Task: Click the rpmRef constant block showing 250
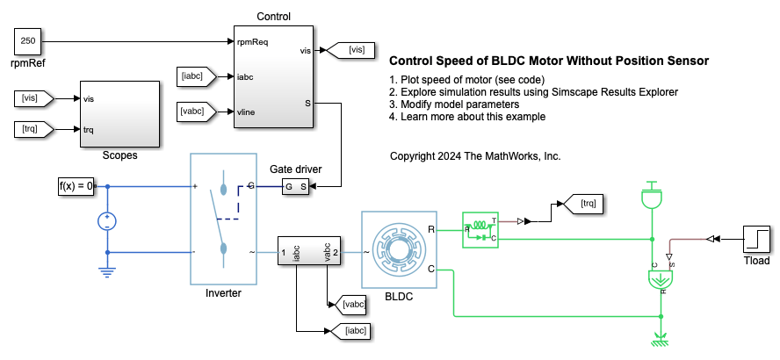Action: coord(26,40)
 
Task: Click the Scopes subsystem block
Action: coord(119,114)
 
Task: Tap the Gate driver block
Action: coord(295,186)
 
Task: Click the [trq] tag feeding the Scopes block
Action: coord(34,130)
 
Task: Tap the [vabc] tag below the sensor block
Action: coord(349,305)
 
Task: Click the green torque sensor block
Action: coord(480,229)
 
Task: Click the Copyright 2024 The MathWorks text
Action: coord(474,156)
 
